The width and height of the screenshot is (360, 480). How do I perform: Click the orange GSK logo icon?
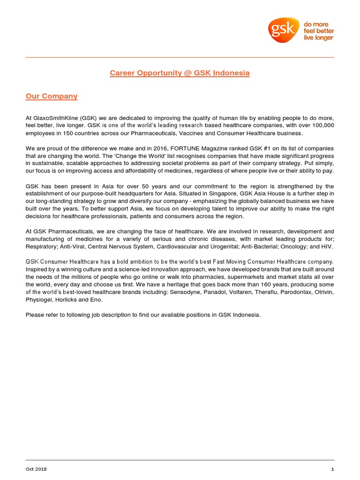[x=284, y=30]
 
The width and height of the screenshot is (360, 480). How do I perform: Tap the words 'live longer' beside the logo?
[x=318, y=38]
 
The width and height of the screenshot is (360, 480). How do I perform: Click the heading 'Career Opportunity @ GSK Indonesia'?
[x=180, y=73]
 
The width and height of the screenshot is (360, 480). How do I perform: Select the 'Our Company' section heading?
[x=51, y=96]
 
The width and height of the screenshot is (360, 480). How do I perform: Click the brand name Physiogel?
[x=38, y=300]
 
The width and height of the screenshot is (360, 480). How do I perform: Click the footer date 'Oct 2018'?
[x=36, y=469]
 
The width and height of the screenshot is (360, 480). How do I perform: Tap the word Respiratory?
[x=41, y=246]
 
